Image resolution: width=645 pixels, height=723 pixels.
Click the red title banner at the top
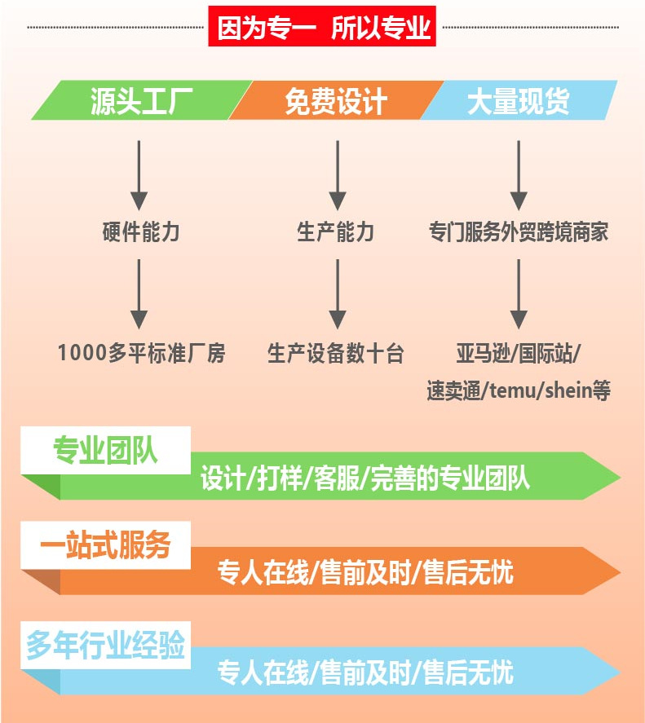[x=323, y=27]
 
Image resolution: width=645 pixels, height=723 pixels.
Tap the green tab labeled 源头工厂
[x=139, y=102]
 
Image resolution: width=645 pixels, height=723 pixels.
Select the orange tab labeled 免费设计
[x=335, y=102]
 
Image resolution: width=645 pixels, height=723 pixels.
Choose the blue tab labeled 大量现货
[x=518, y=102]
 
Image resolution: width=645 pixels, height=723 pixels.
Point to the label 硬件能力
[x=140, y=232]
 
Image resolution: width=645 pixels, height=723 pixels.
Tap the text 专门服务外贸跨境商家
[x=519, y=232]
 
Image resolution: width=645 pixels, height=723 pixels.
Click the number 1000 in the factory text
[x=82, y=353]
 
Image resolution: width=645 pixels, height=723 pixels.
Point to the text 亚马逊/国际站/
[x=519, y=353]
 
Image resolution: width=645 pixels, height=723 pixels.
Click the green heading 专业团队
[x=106, y=450]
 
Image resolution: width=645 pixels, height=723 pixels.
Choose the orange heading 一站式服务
[x=106, y=545]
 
